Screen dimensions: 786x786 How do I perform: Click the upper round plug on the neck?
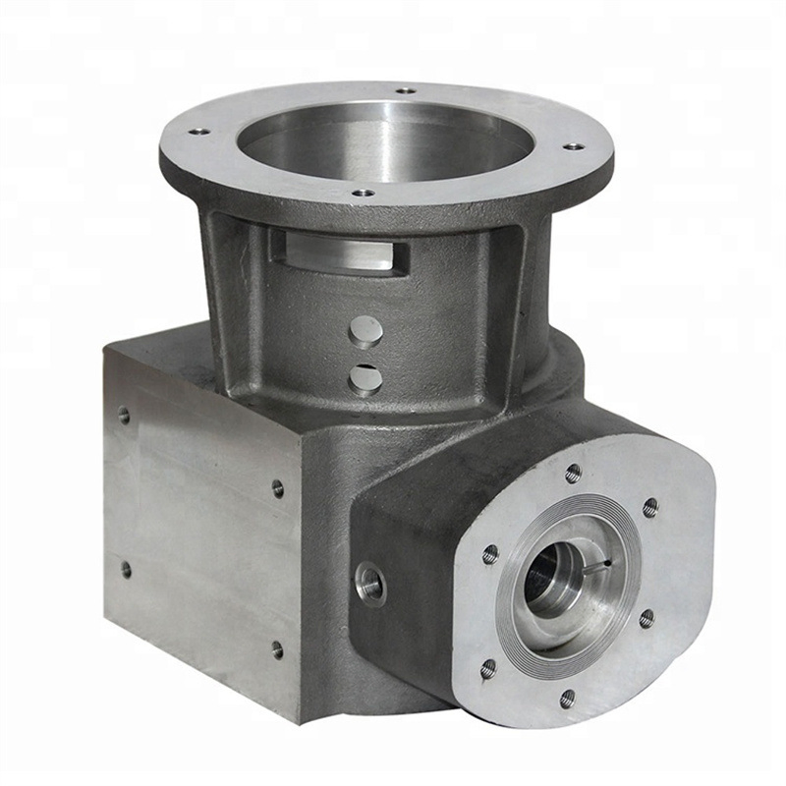coord(365,331)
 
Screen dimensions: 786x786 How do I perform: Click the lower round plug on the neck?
coord(365,377)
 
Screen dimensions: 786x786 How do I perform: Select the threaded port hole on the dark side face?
coord(370,583)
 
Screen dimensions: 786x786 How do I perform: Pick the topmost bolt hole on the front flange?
coord(573,473)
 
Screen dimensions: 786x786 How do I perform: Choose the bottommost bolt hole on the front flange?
coord(567,698)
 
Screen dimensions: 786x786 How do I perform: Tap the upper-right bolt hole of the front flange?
coord(649,507)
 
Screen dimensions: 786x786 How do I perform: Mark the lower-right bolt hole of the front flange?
coord(646,618)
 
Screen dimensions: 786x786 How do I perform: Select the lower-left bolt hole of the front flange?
coord(488,669)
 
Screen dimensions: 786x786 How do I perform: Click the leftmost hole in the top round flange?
coord(199,131)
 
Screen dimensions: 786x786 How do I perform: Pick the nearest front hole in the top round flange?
coord(364,193)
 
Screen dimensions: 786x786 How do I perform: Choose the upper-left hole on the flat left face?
coord(125,416)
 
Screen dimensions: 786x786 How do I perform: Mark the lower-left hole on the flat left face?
coord(126,568)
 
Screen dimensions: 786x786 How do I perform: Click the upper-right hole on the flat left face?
coord(278,487)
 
